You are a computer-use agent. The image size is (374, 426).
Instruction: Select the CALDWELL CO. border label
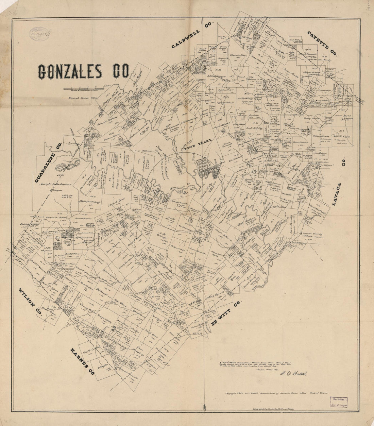[x=192, y=35]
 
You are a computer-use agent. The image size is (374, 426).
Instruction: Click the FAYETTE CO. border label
[x=322, y=44]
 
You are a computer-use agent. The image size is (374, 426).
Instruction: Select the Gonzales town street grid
[x=206, y=169]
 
